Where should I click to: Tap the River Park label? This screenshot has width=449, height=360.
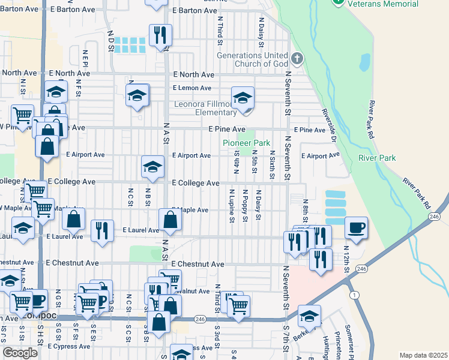377,158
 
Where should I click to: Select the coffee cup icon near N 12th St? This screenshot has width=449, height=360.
356,228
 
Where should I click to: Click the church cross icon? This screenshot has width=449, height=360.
295,59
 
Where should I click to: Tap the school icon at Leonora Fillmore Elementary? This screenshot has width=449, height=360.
243,98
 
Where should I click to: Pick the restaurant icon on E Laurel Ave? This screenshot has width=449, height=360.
102,231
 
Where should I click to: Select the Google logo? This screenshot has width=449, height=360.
20,352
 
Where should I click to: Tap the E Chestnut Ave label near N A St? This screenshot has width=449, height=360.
197,264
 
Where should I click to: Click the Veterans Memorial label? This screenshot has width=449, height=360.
384,4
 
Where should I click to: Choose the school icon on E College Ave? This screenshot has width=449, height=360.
152,167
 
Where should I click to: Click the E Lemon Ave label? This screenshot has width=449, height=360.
191,88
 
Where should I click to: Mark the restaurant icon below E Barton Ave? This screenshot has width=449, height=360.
160,35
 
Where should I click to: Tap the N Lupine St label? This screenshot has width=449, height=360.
231,206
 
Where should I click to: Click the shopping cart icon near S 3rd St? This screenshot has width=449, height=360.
238,305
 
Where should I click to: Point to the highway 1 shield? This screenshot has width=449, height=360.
355,295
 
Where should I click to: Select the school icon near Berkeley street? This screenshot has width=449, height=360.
309,316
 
